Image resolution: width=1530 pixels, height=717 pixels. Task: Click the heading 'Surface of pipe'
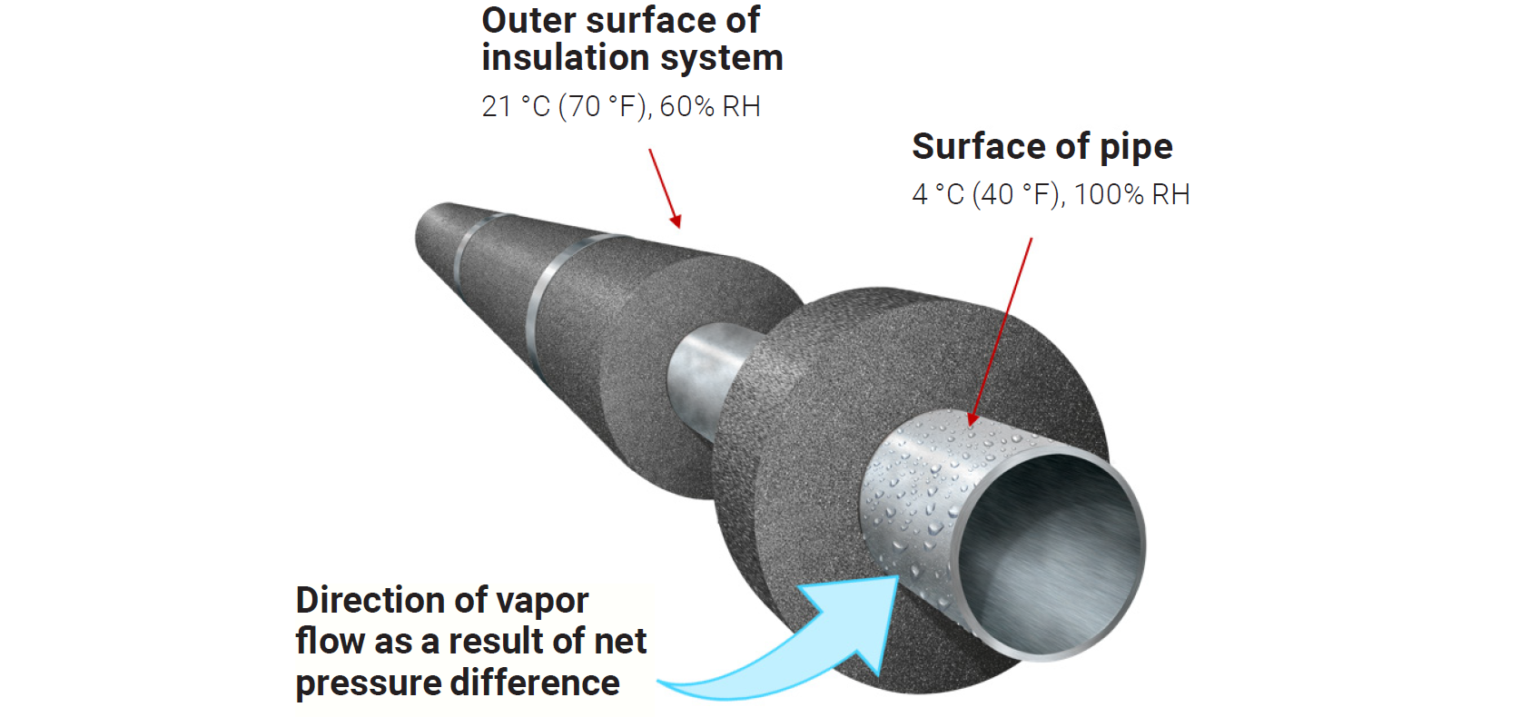pos(1041,147)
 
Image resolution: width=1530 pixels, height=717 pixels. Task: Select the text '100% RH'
pos(1131,195)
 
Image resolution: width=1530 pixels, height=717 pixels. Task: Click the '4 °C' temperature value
pos(937,195)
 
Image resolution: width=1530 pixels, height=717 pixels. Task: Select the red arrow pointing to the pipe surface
pos(1002,331)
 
